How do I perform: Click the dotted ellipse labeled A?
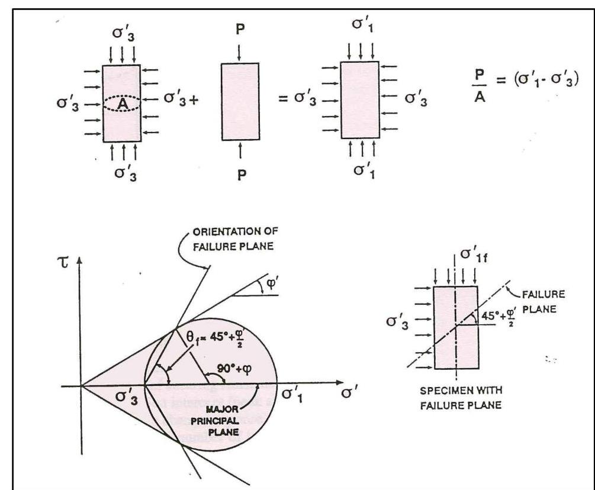tap(121, 104)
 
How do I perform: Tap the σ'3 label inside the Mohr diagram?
tap(126, 397)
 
